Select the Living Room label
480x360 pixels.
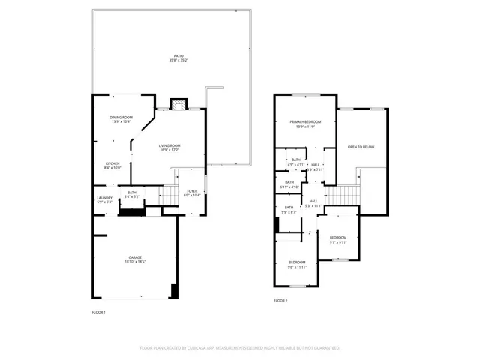tap(169, 147)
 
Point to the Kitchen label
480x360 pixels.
tap(112, 166)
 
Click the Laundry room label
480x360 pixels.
tap(104, 199)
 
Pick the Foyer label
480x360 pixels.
tap(192, 193)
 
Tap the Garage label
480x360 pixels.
tap(134, 259)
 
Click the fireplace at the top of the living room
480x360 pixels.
tap(178, 104)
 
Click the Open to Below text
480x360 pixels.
tap(361, 147)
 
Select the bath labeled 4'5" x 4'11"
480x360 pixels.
tap(295, 161)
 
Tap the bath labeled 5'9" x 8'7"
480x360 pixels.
tap(289, 210)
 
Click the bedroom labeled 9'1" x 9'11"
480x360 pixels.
tap(338, 239)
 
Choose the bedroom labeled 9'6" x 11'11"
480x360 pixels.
tap(298, 264)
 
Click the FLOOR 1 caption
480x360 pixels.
tap(98, 311)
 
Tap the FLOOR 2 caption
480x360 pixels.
tap(280, 300)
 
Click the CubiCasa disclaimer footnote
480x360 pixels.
tap(240, 348)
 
